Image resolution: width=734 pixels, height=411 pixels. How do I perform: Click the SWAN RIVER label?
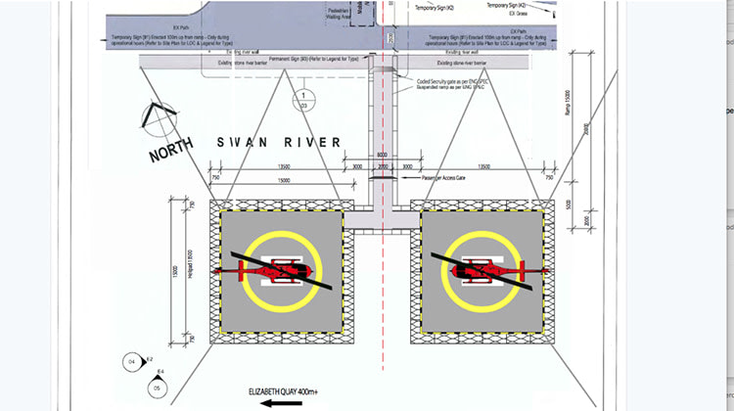279,143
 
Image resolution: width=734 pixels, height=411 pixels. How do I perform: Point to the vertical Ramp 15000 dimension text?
568,102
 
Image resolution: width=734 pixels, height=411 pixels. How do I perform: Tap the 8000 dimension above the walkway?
382,155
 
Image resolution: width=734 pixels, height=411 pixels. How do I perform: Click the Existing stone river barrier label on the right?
470,70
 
